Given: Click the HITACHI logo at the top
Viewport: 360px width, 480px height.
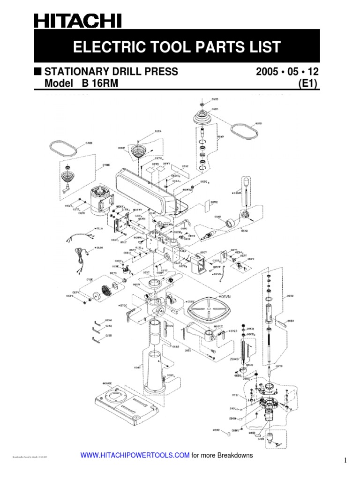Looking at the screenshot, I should (77, 21).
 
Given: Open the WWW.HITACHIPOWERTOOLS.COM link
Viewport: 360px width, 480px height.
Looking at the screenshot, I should (136, 455).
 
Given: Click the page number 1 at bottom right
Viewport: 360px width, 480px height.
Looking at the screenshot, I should (346, 461).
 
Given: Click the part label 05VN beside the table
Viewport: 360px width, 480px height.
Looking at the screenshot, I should (226, 297).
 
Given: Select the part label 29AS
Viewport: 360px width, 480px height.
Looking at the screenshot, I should (234, 358).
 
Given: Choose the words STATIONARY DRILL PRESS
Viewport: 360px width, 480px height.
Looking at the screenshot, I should (111, 72).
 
